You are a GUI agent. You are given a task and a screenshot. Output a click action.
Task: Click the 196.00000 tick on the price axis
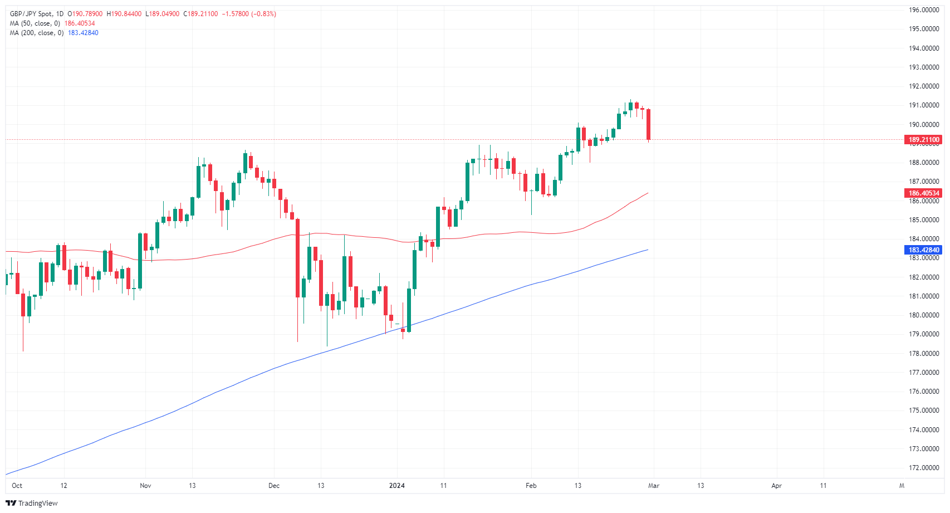point(924,10)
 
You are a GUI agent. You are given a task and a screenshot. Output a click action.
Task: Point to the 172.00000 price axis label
point(924,468)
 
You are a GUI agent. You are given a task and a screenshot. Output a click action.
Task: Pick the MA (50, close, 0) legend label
point(35,23)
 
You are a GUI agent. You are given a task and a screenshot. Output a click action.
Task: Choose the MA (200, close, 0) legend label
point(36,33)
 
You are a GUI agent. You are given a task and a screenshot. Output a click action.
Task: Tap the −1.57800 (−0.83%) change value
point(249,14)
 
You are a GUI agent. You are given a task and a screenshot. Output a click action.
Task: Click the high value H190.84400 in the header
point(124,14)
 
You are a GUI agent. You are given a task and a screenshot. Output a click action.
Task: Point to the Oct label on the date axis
point(17,486)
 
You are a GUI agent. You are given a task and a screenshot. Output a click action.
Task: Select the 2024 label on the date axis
point(397,486)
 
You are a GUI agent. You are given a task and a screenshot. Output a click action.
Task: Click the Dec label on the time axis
point(274,486)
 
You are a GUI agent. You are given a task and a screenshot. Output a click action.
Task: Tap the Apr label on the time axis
point(776,486)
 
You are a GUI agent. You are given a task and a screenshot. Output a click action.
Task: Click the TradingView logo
point(32,503)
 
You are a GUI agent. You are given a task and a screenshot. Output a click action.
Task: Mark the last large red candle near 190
point(648,124)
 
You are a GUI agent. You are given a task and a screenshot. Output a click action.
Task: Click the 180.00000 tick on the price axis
point(924,315)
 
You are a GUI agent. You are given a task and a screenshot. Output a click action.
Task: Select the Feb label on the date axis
point(531,486)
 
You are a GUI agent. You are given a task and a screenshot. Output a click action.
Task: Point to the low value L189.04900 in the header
point(163,14)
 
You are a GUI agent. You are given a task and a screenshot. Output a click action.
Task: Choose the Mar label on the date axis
point(654,486)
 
